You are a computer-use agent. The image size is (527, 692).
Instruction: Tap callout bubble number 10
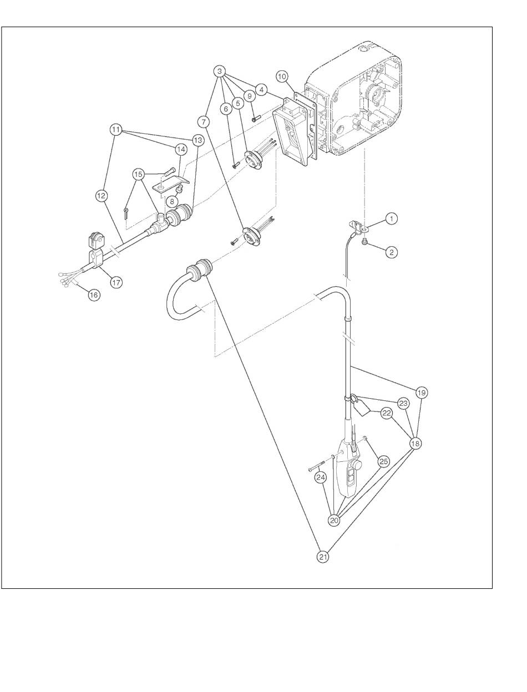(x=282, y=77)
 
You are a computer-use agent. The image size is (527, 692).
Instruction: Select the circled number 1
(x=392, y=219)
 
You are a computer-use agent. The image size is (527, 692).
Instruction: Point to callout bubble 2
(x=392, y=252)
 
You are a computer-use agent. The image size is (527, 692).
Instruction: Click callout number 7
(x=204, y=121)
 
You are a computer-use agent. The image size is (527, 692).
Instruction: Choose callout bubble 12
(x=101, y=196)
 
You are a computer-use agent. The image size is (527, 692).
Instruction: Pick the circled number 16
(x=94, y=295)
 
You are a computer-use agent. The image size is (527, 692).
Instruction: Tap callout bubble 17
(x=116, y=282)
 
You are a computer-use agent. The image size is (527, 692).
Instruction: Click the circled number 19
(x=422, y=393)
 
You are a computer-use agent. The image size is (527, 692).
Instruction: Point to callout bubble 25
(x=384, y=461)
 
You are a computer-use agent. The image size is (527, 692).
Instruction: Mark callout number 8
(x=172, y=201)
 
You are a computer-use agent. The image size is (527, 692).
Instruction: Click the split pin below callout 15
(x=126, y=213)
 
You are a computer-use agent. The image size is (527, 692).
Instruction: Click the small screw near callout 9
(x=255, y=119)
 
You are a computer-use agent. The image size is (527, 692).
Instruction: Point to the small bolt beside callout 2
(x=364, y=242)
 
